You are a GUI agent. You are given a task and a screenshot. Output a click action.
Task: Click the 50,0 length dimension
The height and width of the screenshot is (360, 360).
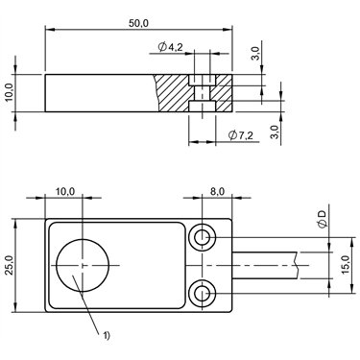(138, 23)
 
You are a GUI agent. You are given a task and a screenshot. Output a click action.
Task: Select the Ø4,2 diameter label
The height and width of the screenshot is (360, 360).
(170, 47)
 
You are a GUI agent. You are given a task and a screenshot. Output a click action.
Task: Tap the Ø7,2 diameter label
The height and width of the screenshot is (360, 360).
(241, 135)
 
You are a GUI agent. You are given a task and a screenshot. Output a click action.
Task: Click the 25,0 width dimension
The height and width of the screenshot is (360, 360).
(9, 265)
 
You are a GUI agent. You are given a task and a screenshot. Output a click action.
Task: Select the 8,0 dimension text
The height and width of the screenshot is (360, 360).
(217, 191)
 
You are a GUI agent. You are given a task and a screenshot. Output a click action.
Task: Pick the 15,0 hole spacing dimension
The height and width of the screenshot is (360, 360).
(346, 265)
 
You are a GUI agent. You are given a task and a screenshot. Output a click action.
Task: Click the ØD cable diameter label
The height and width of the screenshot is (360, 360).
(324, 219)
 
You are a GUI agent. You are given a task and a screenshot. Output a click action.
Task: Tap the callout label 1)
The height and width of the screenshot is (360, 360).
(107, 335)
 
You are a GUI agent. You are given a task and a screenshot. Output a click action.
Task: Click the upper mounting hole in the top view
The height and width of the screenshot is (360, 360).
(202, 237)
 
